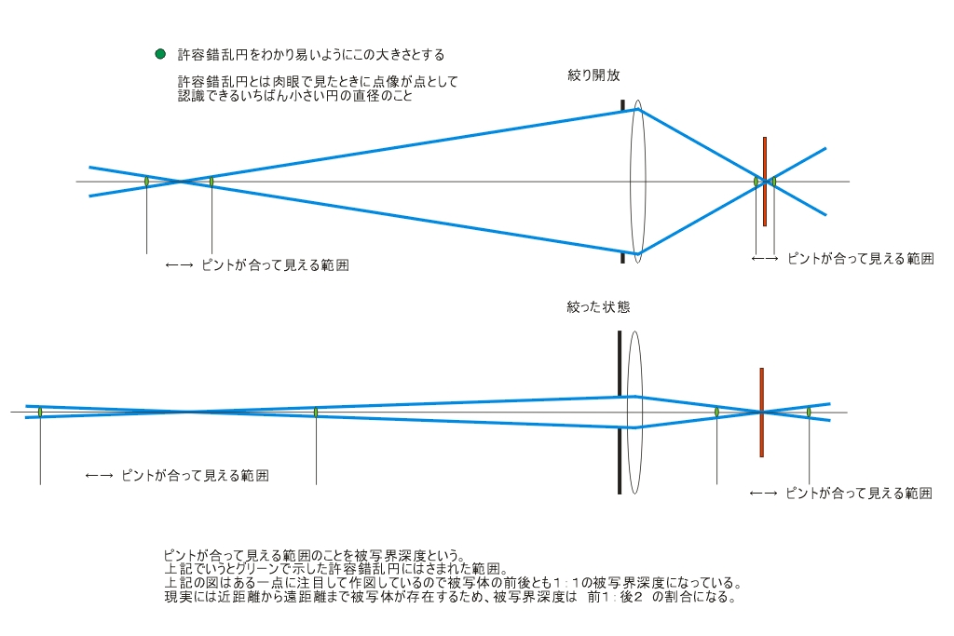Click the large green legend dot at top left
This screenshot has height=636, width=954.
[x=160, y=54]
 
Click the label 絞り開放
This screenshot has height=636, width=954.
[x=593, y=75]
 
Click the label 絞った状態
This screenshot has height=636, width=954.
[x=599, y=307]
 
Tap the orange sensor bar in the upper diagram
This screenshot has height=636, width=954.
[x=765, y=182]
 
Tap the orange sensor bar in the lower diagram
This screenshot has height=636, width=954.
[x=762, y=413]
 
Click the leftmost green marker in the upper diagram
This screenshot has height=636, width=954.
[x=146, y=182]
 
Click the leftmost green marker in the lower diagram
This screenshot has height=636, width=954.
[x=40, y=413]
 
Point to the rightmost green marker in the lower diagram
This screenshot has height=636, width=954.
[x=810, y=413]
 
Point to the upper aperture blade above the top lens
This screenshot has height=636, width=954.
[x=622, y=105]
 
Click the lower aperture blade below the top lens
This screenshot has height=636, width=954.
[x=622, y=258]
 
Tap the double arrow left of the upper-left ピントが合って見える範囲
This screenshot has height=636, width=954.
[x=180, y=265]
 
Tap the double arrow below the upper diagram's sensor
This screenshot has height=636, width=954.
[x=765, y=259]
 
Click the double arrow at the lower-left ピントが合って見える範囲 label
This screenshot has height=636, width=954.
[x=99, y=476]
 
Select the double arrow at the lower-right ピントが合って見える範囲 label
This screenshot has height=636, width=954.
[x=764, y=494]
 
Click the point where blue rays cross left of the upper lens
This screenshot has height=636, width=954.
[x=180, y=182]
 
